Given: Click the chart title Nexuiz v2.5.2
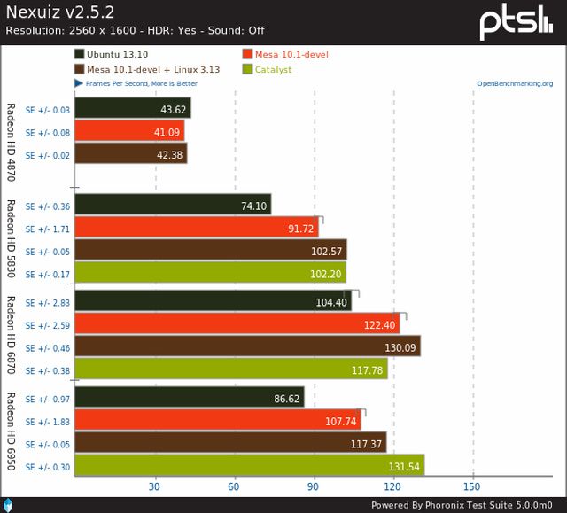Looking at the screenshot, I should [59, 12].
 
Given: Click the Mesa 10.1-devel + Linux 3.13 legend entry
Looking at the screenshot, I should [150, 69].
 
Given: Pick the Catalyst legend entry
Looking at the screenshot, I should [272, 69].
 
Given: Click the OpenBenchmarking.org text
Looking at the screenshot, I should [514, 84].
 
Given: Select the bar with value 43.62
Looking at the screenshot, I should [132, 108].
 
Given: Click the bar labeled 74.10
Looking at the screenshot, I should [173, 205].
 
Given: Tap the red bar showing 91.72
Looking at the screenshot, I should [197, 228].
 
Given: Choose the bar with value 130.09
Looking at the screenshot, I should [247, 346].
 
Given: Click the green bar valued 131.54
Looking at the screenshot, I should [249, 466].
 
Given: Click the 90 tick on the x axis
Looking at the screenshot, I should [314, 486].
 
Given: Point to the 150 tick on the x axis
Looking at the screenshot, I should [472, 486].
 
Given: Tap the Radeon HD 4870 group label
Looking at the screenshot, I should [12, 142].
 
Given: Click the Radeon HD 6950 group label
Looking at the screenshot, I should [12, 430].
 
